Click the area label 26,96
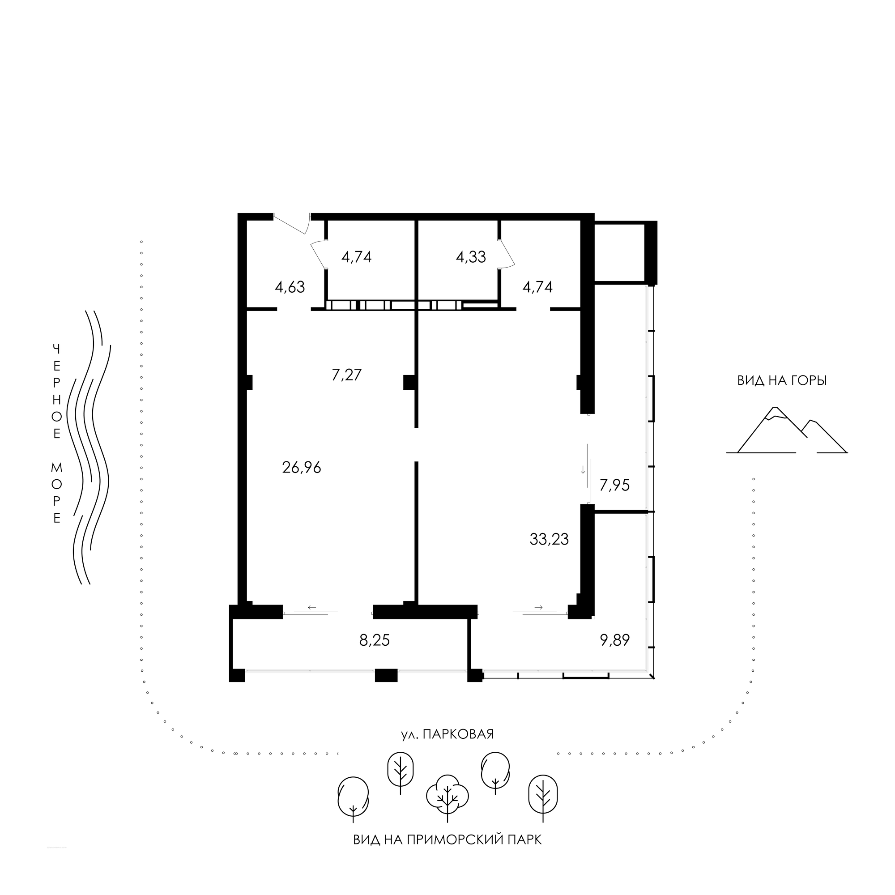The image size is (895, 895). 302,468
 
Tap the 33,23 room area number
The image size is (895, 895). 549,539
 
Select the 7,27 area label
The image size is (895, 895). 346,374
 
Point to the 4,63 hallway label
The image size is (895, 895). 290,287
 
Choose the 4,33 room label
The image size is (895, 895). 471,256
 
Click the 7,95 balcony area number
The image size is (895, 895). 615,486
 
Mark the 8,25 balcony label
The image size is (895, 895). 375,640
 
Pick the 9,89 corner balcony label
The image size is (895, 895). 615,640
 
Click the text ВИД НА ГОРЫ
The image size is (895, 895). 782,381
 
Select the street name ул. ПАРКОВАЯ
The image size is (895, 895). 447,735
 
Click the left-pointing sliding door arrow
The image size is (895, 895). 312,607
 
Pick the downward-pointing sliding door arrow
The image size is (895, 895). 583,469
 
